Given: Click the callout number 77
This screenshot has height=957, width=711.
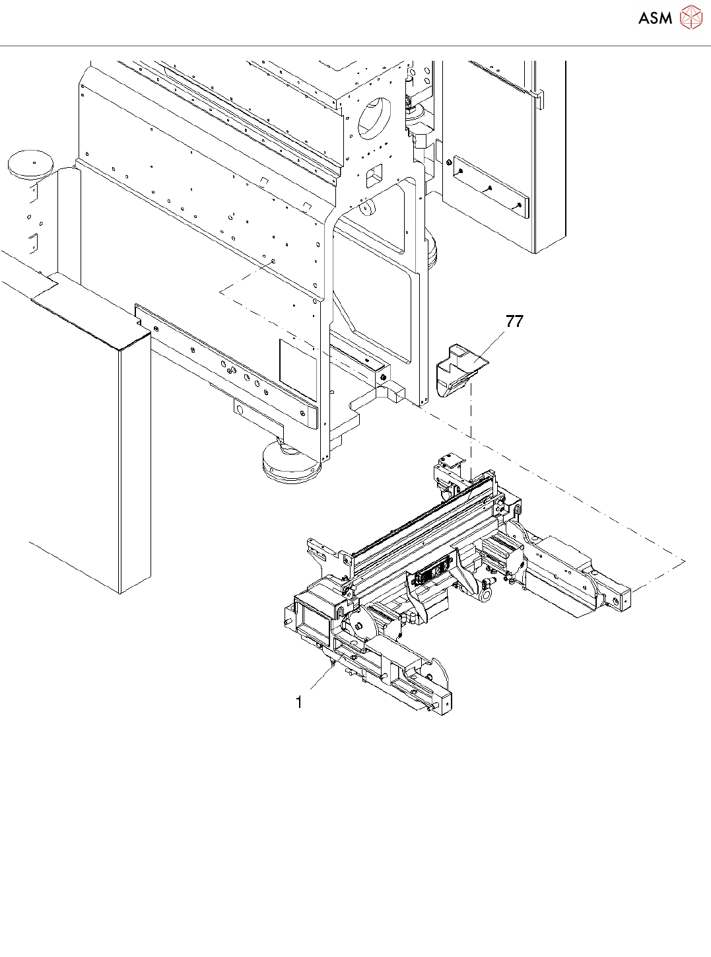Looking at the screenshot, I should point(514,322).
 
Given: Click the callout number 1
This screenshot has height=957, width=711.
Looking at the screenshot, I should point(299,702).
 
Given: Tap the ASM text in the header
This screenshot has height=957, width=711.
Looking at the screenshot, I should point(655,18).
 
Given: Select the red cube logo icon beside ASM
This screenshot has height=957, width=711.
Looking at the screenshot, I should point(691,18).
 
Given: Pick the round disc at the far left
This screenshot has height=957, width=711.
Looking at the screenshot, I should point(30,162).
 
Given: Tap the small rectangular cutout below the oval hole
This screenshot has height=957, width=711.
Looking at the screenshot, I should point(374,175).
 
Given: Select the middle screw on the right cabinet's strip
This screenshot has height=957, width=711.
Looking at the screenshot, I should point(489,188).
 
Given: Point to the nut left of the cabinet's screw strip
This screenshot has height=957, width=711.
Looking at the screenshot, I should point(449,162).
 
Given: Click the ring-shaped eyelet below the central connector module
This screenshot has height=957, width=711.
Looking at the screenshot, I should point(485,595).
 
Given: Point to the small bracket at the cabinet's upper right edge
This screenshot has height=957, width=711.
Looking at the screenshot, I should point(539,100).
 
